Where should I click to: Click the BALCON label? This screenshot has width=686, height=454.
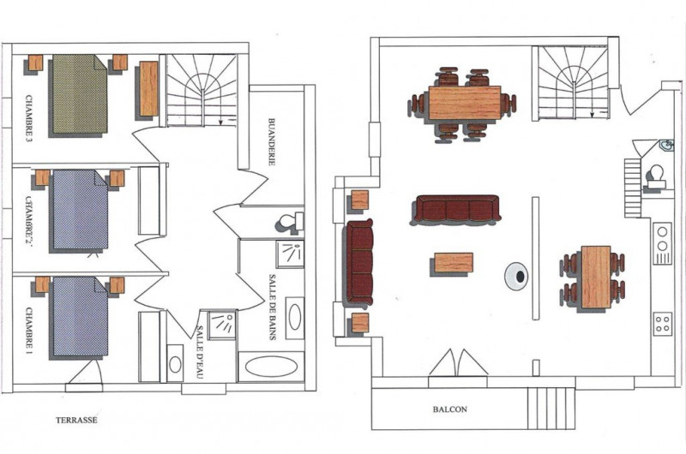point(449,409)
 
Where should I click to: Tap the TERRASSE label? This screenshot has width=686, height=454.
point(76,420)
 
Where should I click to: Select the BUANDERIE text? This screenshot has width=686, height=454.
point(272,141)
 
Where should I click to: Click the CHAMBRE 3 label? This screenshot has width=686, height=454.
point(29,119)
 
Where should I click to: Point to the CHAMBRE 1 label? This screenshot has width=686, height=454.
point(29,331)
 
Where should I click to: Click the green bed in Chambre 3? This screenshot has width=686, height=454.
point(79,94)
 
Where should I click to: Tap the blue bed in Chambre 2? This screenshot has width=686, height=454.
point(80,209)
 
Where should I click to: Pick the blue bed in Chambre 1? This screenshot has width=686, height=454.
point(80,315)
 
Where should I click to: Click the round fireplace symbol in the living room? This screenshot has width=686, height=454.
point(516,276)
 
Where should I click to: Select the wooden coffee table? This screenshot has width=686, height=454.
point(454,263)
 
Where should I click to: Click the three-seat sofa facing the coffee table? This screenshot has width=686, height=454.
point(456,208)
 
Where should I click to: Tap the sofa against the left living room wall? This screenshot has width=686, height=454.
point(359,262)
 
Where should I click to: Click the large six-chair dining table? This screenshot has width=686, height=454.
point(465,103)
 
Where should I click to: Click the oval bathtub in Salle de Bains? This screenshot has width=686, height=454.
point(271,367)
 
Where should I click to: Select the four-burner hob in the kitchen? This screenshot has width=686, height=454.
point(663,324)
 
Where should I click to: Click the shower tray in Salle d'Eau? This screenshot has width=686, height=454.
point(223,326)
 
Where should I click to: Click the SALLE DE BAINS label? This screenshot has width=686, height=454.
point(272,307)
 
